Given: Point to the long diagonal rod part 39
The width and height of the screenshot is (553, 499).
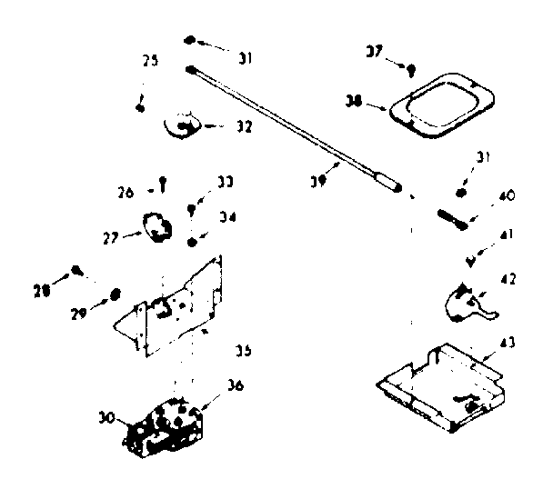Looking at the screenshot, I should click(x=291, y=127).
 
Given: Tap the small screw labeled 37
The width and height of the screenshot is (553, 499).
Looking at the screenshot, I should click(x=411, y=67).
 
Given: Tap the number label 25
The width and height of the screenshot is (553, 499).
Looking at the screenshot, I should click(x=149, y=61).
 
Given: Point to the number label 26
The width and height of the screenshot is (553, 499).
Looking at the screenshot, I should click(x=126, y=192).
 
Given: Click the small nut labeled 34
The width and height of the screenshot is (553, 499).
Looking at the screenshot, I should click(x=193, y=241).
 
